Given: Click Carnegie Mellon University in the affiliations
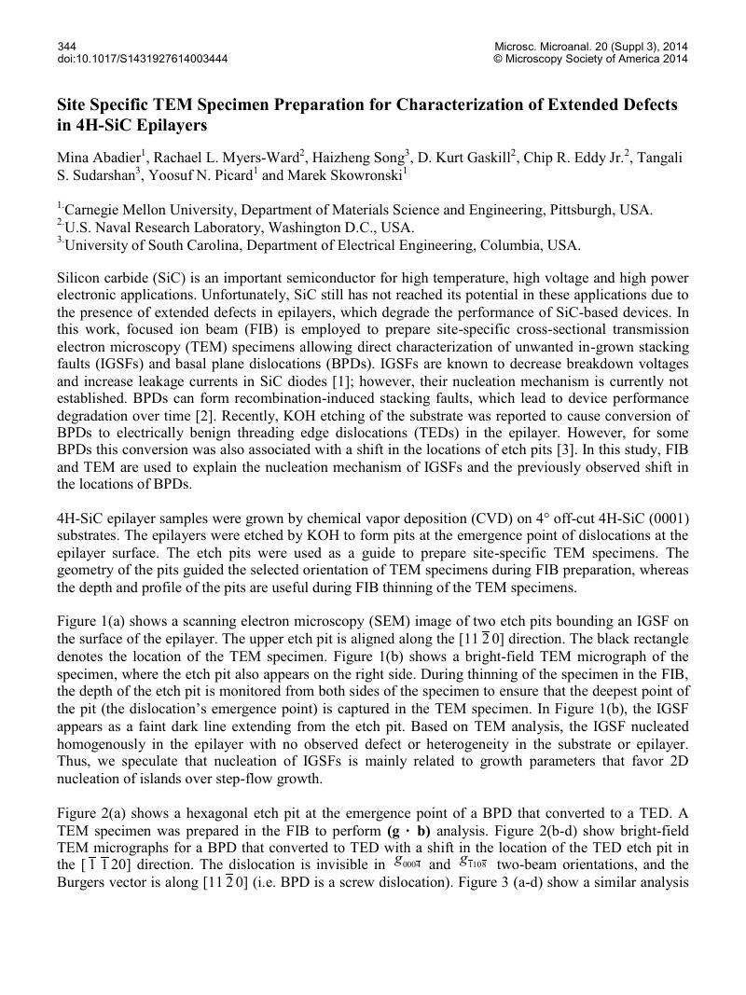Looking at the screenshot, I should (144, 211).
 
